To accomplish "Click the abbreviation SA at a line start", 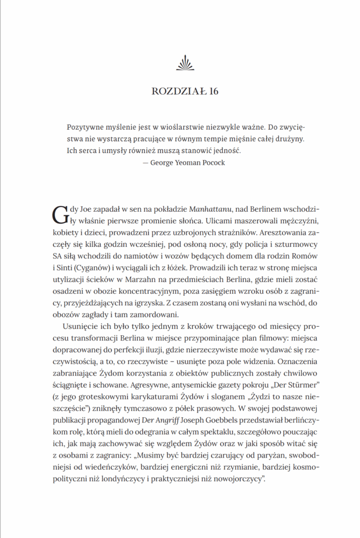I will coord(59,256).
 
